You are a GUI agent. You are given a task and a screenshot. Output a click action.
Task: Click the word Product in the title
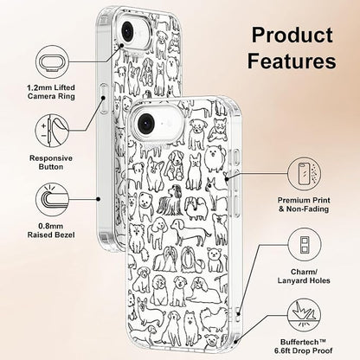tap(292, 35)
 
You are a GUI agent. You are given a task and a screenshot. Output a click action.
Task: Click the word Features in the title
tap(292, 61)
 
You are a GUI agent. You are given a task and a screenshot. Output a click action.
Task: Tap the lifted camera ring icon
tap(52, 61)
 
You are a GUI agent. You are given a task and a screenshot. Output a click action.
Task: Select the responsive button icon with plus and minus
tap(52, 131)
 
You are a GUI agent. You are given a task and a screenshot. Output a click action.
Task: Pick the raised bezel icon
tap(52, 199)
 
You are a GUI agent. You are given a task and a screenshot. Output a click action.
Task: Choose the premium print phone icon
tap(304, 174)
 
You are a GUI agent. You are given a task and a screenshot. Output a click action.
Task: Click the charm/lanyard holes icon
tap(304, 244)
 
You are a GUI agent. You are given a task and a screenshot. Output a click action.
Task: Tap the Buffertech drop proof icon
tap(304, 316)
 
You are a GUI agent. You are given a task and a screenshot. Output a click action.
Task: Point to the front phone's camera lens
tap(147, 121)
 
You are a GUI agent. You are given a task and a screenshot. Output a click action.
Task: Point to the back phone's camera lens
tap(127, 30)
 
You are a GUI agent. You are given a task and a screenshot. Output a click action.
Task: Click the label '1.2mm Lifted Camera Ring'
tap(51, 92)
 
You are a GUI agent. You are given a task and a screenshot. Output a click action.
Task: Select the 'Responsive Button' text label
tap(51, 163)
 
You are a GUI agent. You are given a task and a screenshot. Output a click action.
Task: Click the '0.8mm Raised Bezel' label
tap(51, 230)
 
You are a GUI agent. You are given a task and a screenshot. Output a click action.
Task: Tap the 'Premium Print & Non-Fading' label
tap(304, 204)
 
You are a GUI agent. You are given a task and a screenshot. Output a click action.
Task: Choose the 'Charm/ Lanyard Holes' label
tap(304, 276)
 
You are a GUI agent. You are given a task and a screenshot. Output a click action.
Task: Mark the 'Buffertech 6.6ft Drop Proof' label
tap(304, 346)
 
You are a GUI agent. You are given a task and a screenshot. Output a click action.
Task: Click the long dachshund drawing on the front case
tap(190, 232)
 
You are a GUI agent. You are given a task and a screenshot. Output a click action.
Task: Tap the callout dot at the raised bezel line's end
tap(99, 199)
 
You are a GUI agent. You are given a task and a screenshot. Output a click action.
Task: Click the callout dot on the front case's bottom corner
tap(236, 342)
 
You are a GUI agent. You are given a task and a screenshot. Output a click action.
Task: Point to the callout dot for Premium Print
tap(227, 179)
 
